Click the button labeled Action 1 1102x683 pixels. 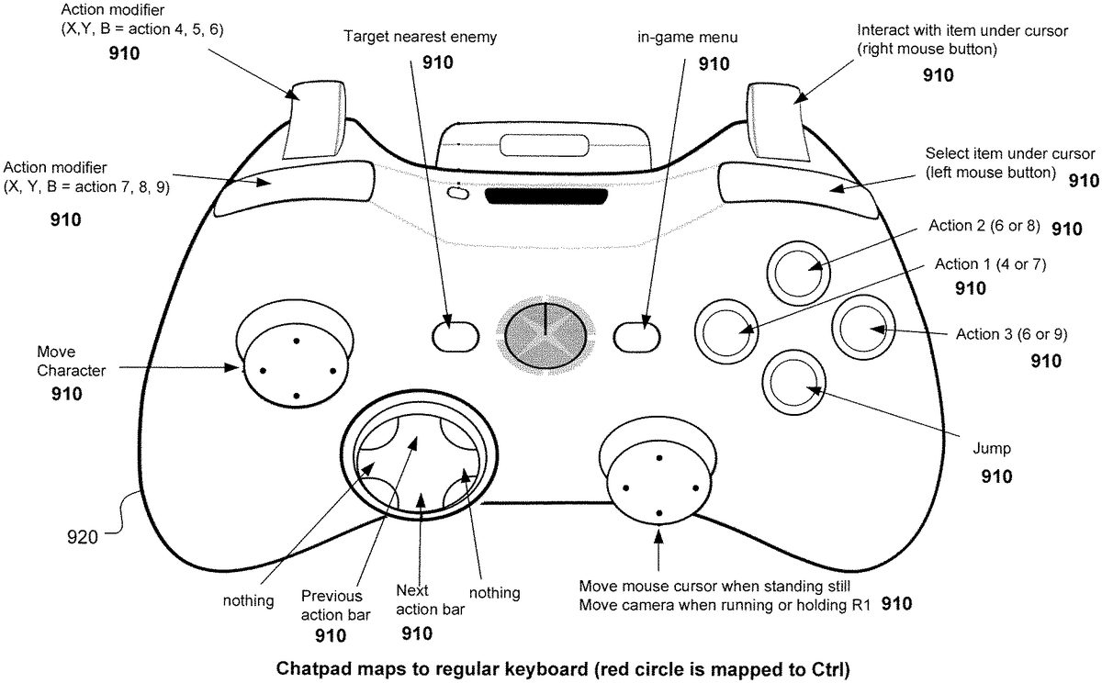[x=726, y=329]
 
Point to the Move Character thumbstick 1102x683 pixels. [x=295, y=369]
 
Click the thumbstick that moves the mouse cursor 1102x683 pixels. [x=658, y=486]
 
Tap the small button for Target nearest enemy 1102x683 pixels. [x=448, y=335]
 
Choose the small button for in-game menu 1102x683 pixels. [x=639, y=335]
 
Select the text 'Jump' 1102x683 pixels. [x=991, y=449]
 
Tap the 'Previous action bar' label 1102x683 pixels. [x=331, y=605]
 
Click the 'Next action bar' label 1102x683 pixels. [x=418, y=599]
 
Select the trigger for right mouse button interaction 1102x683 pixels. [x=776, y=118]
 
